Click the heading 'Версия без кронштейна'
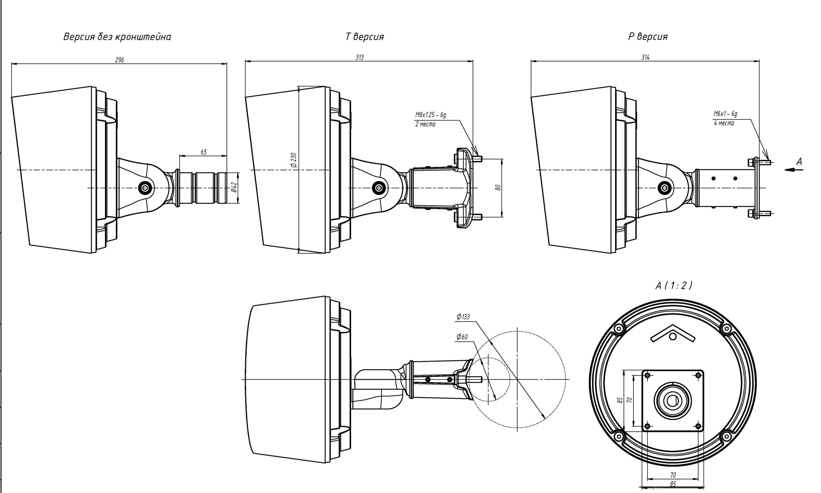click(117, 37)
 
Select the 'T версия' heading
click(365, 37)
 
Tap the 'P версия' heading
click(648, 37)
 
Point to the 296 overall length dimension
click(119, 60)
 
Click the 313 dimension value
click(359, 57)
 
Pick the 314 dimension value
click(645, 57)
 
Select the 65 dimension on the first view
click(203, 152)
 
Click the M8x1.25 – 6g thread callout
click(430, 115)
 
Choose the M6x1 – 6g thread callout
click(725, 113)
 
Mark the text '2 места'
click(425, 125)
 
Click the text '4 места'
click(724, 123)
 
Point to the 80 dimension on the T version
click(498, 188)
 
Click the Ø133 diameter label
click(463, 317)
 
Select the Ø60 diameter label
click(462, 337)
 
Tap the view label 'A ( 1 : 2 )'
click(674, 286)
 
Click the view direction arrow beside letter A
click(794, 170)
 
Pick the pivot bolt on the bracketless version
click(145, 188)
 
